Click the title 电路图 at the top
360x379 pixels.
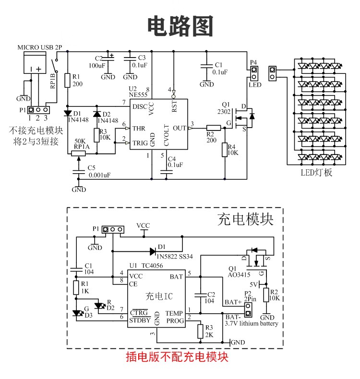180,26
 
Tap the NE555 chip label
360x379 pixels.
138,95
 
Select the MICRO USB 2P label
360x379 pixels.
40,47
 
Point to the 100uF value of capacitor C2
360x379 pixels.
97,66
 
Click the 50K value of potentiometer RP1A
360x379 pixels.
80,141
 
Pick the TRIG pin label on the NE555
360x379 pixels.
140,143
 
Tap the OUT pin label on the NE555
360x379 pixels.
180,129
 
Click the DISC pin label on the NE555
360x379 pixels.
140,107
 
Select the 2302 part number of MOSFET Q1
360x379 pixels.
224,112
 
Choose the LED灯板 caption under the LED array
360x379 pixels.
316,173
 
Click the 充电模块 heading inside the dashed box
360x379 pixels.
245,219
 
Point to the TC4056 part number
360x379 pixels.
152,266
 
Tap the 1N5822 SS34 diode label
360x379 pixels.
175,257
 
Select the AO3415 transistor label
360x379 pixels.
239,275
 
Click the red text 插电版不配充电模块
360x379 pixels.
177,357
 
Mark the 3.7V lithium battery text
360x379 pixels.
252,323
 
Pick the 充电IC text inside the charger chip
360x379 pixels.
159,296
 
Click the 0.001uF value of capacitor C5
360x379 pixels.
100,175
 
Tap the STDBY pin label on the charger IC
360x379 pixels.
140,320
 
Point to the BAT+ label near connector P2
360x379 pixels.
233,302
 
